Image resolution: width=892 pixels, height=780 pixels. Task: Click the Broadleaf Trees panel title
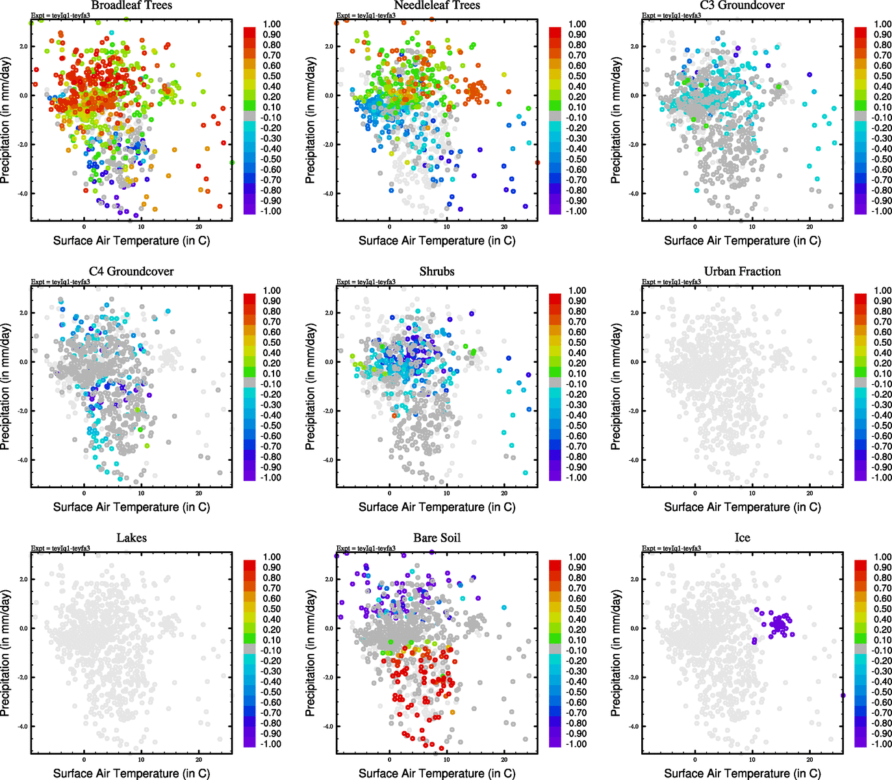pyautogui.click(x=131, y=5)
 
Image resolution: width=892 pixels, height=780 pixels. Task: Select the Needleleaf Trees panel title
pyautogui.click(x=437, y=5)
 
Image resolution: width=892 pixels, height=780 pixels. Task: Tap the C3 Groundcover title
pyautogui.click(x=742, y=5)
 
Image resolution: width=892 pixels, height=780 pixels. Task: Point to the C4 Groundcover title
pyautogui.click(x=131, y=271)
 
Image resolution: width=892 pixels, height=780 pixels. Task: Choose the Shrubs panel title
pyautogui.click(x=437, y=271)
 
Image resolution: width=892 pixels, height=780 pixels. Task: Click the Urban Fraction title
pyautogui.click(x=742, y=271)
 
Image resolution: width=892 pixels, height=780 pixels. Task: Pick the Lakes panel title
pyautogui.click(x=131, y=538)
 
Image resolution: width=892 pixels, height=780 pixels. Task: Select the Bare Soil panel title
pyautogui.click(x=437, y=538)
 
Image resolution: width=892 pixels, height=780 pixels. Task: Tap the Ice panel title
pyautogui.click(x=742, y=538)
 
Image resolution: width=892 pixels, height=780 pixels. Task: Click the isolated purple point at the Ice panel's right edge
pyautogui.click(x=843, y=695)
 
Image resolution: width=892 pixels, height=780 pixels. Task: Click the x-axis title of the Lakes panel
pyautogui.click(x=131, y=773)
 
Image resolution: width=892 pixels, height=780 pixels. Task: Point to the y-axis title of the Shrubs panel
pyautogui.click(x=310, y=387)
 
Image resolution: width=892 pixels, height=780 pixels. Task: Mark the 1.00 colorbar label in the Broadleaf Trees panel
pyautogui.click(x=272, y=24)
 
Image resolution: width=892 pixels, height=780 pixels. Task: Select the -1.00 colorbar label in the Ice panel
pyautogui.click(x=882, y=744)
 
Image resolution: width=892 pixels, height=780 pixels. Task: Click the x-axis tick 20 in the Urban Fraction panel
pyautogui.click(x=809, y=493)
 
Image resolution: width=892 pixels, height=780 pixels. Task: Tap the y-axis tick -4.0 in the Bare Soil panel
pyautogui.click(x=328, y=726)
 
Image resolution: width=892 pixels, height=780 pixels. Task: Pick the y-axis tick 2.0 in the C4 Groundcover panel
pyautogui.click(x=23, y=313)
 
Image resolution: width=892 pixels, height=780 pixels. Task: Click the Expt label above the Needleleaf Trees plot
pyautogui.click(x=366, y=15)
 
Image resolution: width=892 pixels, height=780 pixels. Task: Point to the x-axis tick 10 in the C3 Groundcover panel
pyautogui.click(x=752, y=227)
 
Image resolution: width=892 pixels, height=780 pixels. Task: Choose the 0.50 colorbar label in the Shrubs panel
pyautogui.click(x=577, y=343)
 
